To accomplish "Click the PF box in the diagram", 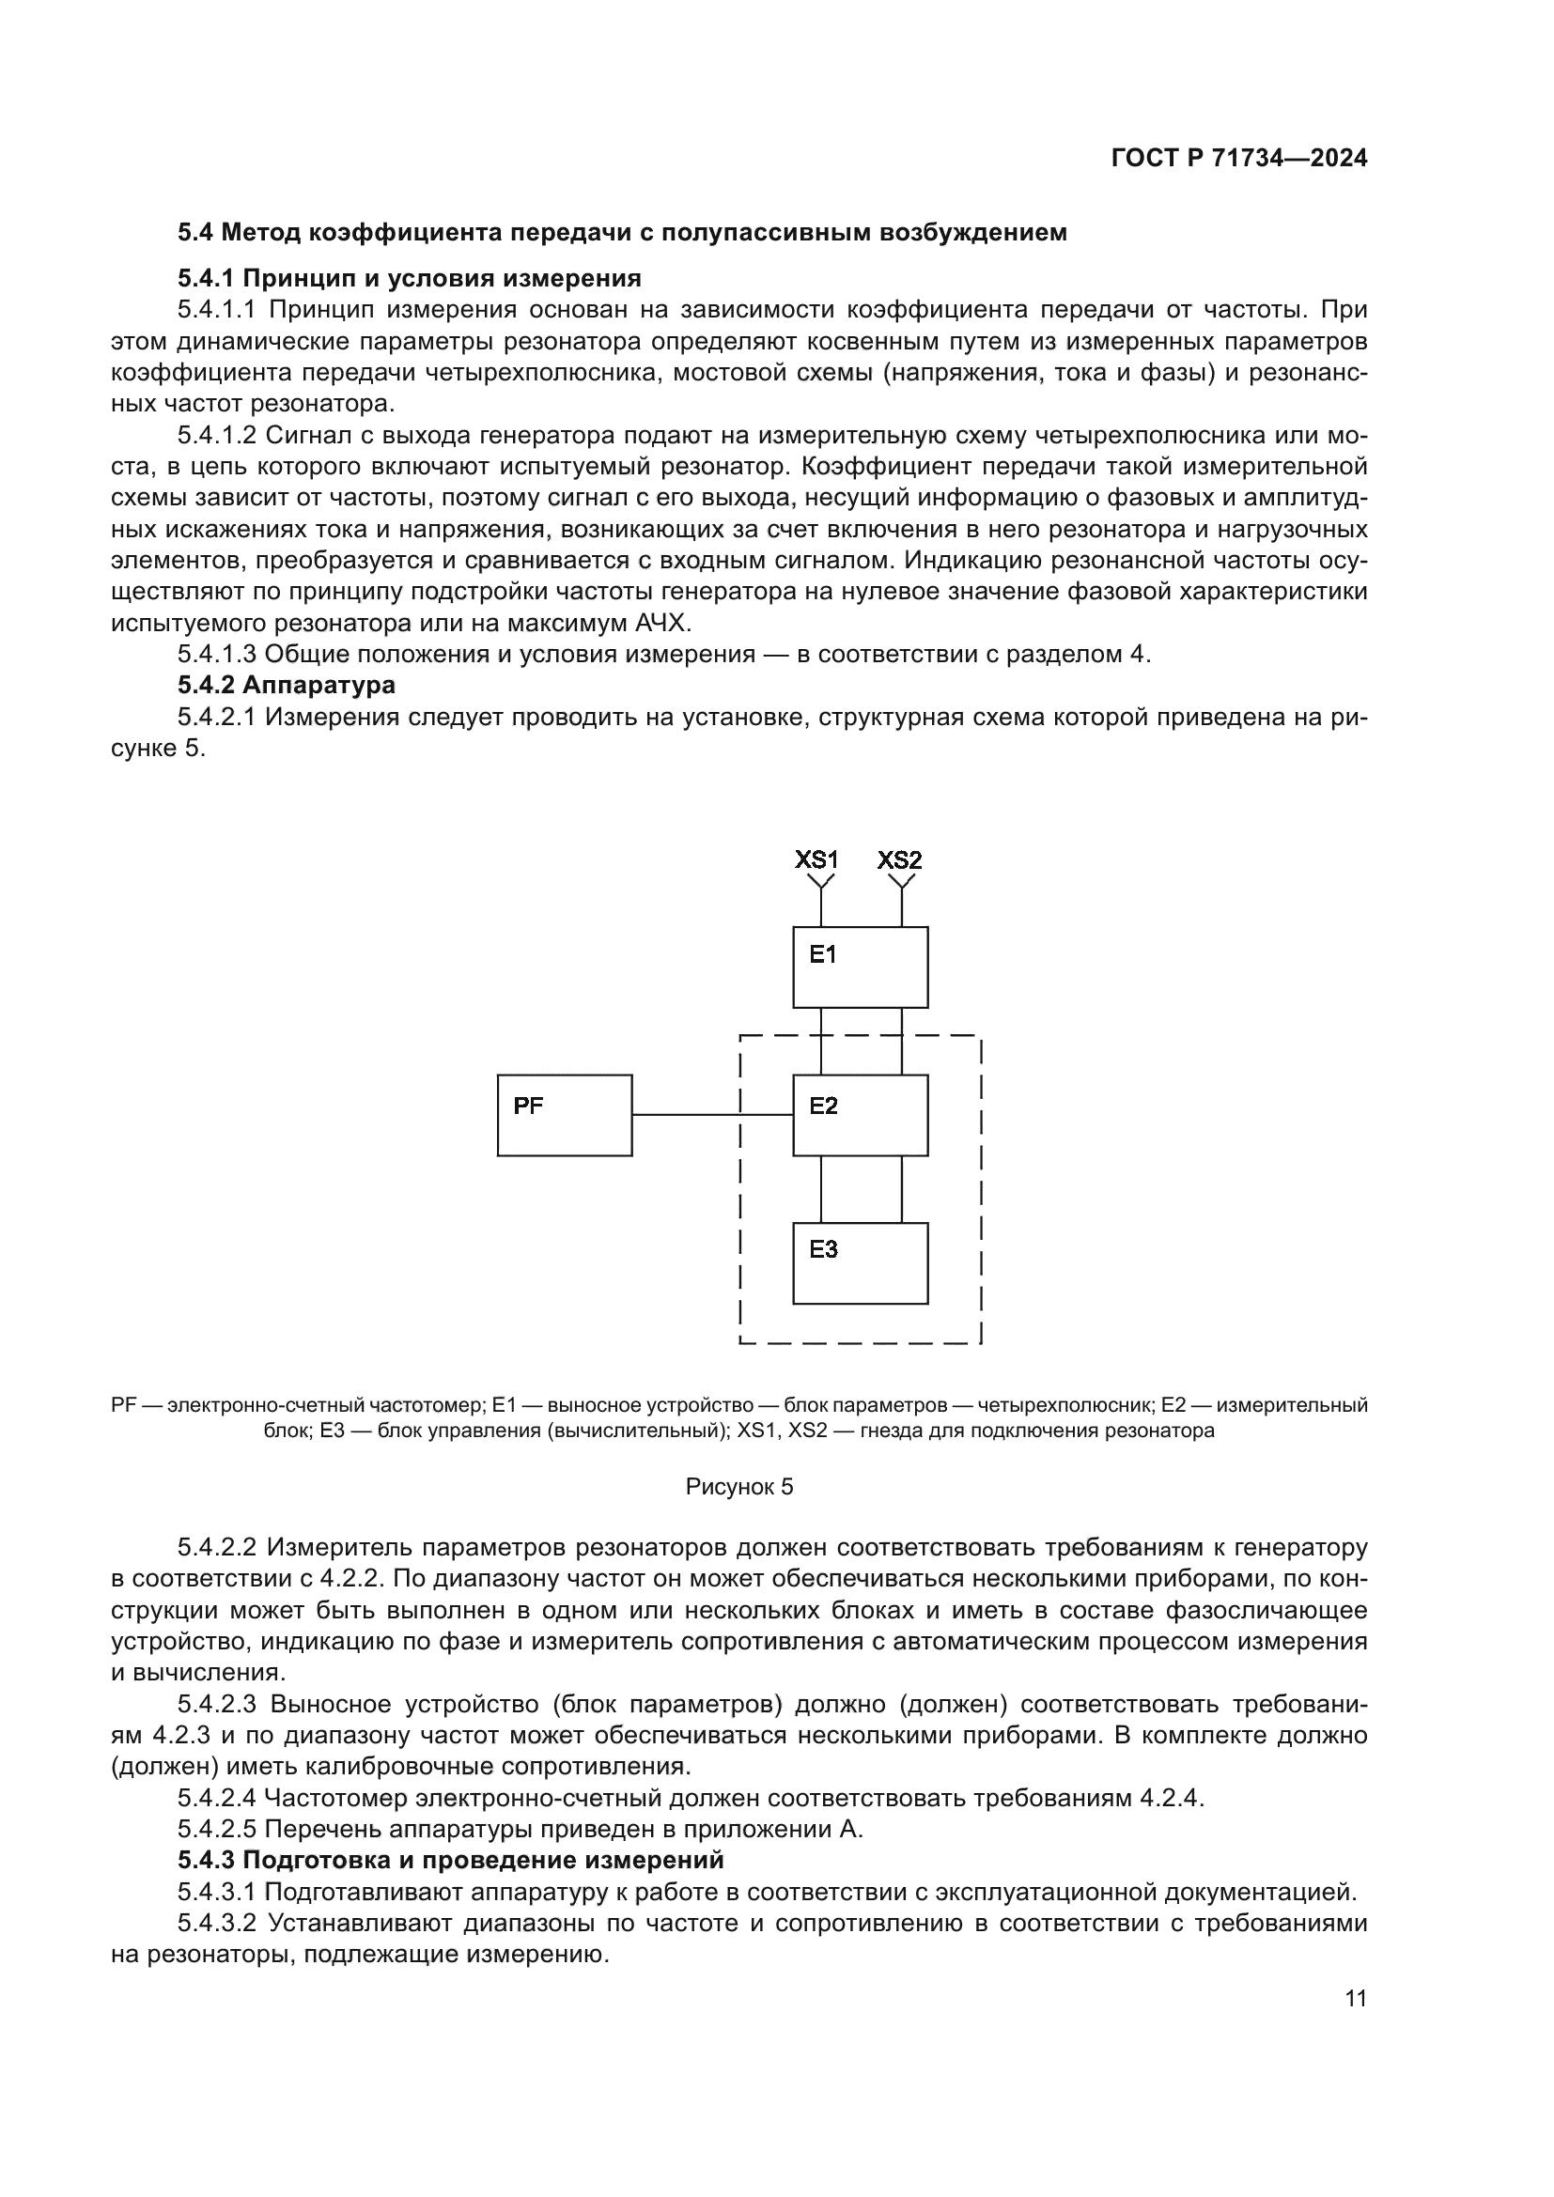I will point(565,1115).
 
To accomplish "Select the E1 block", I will point(861,967).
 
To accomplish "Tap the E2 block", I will point(861,1115).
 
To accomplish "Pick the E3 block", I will point(861,1263).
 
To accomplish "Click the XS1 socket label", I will point(816,859).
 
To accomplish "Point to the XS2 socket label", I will point(899,859).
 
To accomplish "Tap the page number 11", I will point(1355,1998).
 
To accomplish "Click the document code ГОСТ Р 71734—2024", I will point(1239,159).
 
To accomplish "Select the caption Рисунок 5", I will point(739,1486).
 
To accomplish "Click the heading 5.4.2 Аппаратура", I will point(287,685).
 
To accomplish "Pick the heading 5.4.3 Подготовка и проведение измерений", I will point(450,1860).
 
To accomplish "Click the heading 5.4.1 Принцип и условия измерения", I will point(409,278).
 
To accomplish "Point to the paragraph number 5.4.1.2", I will point(216,436).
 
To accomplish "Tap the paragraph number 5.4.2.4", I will point(216,1798).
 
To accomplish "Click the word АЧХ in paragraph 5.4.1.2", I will point(661,623).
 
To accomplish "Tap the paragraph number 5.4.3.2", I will point(216,1924).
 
